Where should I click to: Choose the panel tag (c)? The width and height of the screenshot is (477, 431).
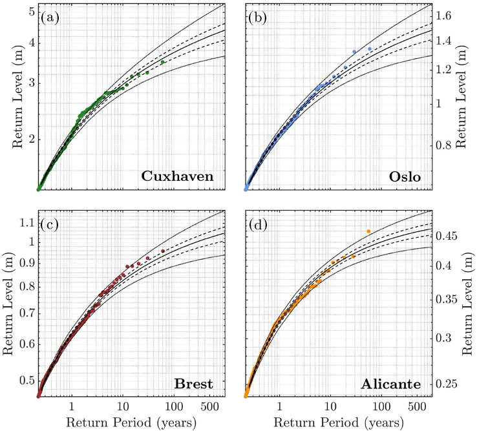pos(50,225)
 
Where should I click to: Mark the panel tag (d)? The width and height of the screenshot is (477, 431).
pos(259,225)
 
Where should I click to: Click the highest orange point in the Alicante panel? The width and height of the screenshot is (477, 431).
pos(368,231)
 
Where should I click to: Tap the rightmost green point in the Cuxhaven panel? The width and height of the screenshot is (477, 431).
pos(163,62)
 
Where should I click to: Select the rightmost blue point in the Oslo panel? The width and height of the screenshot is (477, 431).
pos(370,49)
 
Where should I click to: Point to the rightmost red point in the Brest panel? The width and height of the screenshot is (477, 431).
pos(163,251)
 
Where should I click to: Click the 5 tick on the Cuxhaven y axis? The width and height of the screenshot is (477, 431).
pos(30,12)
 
